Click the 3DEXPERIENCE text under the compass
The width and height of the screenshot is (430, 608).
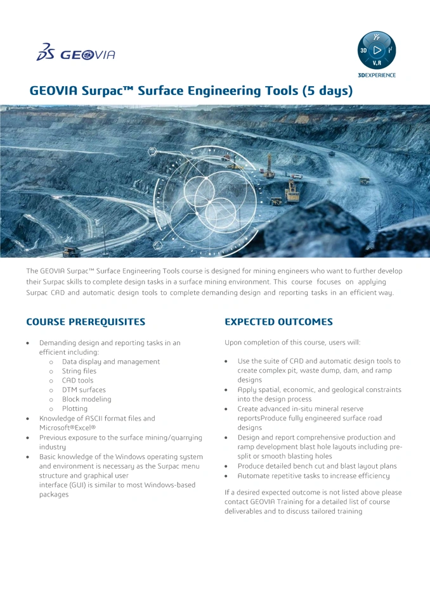(x=377, y=75)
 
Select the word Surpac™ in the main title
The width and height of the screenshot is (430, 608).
(x=107, y=91)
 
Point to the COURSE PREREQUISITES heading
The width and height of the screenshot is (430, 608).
(x=86, y=322)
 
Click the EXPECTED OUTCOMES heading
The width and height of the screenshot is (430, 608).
(x=278, y=322)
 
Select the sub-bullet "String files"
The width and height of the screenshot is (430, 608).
(x=79, y=371)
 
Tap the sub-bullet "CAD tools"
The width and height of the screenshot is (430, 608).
(x=77, y=381)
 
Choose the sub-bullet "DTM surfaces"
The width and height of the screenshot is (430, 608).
(x=84, y=390)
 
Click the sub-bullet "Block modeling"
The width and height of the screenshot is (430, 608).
(x=86, y=400)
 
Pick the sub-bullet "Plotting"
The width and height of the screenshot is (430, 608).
(x=75, y=409)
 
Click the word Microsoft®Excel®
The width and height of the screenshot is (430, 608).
(x=67, y=428)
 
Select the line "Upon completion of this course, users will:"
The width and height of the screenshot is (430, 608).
(x=292, y=343)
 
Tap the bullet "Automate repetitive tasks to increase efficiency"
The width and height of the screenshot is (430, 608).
(x=313, y=476)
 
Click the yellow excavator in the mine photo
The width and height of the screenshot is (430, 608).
(x=292, y=191)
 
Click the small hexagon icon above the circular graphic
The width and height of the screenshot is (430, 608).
(x=152, y=151)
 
